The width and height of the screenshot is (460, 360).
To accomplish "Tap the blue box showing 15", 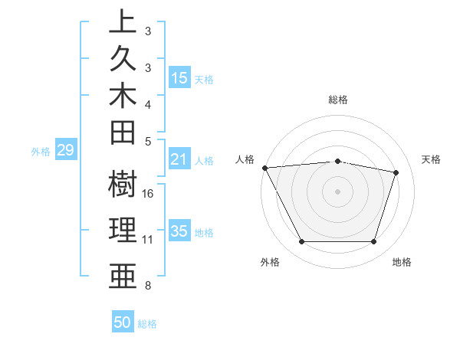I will tap(179, 77).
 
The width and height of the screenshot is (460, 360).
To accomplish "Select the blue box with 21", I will tap(179, 159).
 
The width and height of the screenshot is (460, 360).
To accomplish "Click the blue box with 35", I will tap(179, 232).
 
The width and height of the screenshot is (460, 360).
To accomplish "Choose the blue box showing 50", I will tap(123, 322).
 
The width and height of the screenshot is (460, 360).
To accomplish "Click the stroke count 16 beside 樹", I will tap(148, 193).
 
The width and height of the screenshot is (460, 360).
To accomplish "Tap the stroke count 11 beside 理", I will tap(148, 240).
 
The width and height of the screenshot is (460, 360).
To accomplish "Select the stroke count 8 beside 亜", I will tap(148, 286).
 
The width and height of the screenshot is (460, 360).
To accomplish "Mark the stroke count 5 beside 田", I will tap(148, 140).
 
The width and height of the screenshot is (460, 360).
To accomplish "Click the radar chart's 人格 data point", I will tap(264, 168).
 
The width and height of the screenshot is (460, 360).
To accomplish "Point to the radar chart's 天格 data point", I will tap(396, 172).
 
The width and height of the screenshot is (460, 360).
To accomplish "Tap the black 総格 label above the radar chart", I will tap(338, 100).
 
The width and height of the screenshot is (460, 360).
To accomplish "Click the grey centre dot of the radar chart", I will tap(338, 191).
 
